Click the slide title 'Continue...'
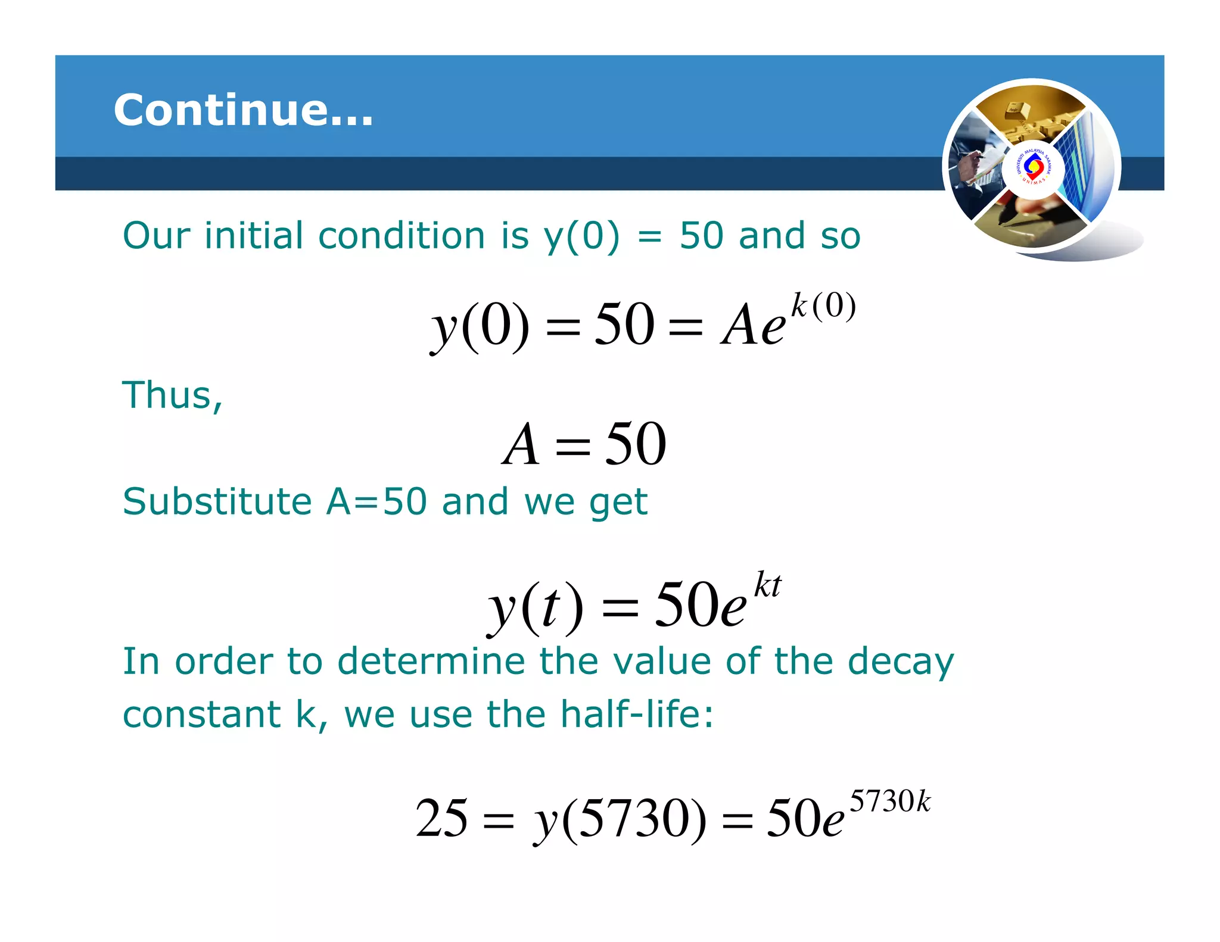(x=243, y=110)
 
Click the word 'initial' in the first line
(x=254, y=236)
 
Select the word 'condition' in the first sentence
(x=402, y=236)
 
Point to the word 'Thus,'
(x=172, y=395)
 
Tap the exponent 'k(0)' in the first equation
(x=823, y=307)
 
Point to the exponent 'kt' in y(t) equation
(x=767, y=585)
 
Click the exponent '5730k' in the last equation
(x=889, y=801)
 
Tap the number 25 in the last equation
(x=441, y=819)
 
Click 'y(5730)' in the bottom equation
(x=620, y=820)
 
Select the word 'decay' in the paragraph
(x=901, y=662)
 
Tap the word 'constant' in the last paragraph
(x=201, y=715)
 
